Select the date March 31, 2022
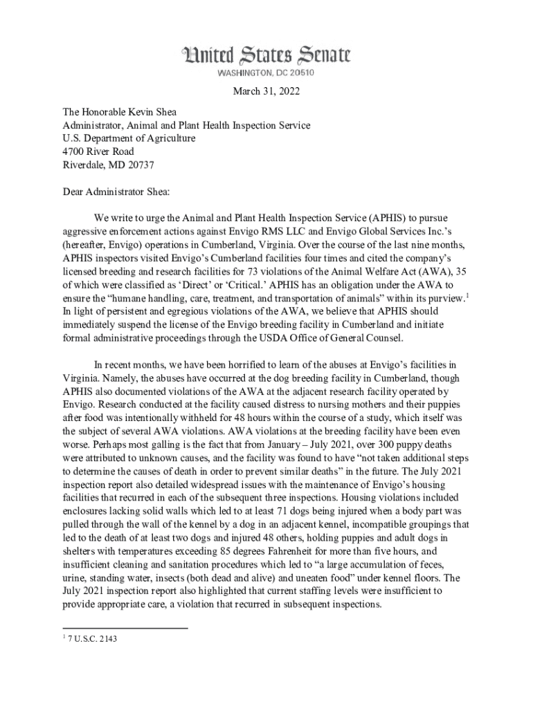[266, 92]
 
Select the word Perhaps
[110, 443]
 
